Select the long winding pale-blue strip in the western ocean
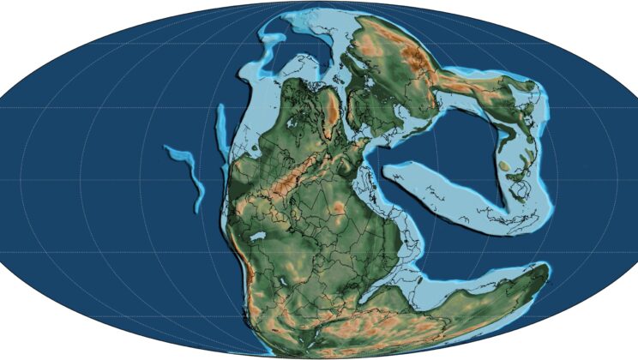(x=190, y=171)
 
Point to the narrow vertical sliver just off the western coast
(x=221, y=129)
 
